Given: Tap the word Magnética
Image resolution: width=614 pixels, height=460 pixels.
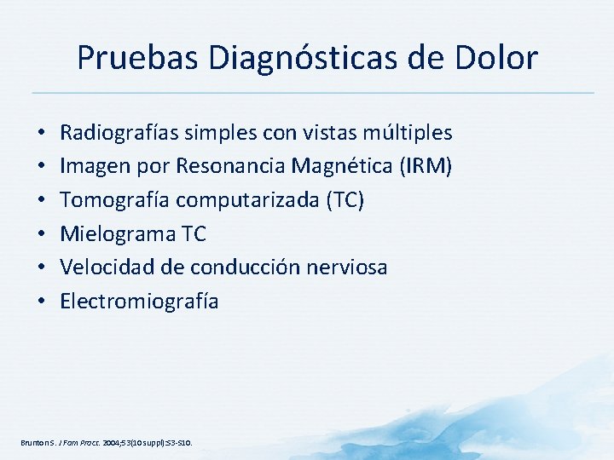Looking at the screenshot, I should [x=339, y=166].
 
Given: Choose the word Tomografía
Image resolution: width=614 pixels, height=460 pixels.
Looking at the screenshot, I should [x=113, y=200].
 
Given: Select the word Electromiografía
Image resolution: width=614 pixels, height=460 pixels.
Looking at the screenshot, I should [x=139, y=301].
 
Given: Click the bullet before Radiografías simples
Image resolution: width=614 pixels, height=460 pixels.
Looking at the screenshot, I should [x=41, y=134].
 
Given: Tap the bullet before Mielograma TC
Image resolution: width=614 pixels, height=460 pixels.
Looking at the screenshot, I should [x=41, y=234].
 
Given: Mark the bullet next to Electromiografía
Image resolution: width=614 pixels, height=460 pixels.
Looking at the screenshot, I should [x=41, y=302].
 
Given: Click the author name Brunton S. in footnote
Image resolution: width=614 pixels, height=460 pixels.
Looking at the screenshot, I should [x=35, y=443].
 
